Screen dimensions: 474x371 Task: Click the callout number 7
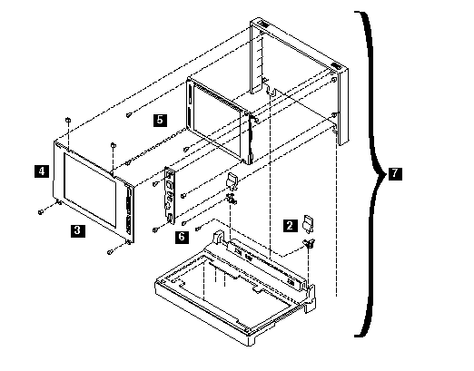[x=395, y=173]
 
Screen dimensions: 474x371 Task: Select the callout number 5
[x=160, y=120]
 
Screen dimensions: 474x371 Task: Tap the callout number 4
[x=42, y=171]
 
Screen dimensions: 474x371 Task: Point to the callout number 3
[x=77, y=230]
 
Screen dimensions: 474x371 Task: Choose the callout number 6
[x=182, y=237]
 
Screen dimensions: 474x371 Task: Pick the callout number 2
[x=290, y=226]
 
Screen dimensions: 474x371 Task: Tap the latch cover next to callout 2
[x=309, y=224]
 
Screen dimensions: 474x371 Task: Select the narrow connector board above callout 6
[x=170, y=195]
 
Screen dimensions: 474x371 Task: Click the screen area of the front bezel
[x=90, y=189]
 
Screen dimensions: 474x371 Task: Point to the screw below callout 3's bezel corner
[x=110, y=252]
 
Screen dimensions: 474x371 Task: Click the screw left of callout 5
[x=128, y=115]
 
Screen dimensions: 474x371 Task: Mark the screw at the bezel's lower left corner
[x=41, y=212]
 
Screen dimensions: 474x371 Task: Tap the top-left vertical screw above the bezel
[x=68, y=120]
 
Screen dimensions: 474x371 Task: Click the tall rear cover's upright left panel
[x=256, y=56]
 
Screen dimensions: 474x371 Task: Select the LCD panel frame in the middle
[x=219, y=121]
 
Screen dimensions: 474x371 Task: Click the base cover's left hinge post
[x=218, y=238]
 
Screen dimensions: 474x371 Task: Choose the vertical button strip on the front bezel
[x=129, y=212]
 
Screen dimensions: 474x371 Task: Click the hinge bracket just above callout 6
[x=232, y=199]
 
